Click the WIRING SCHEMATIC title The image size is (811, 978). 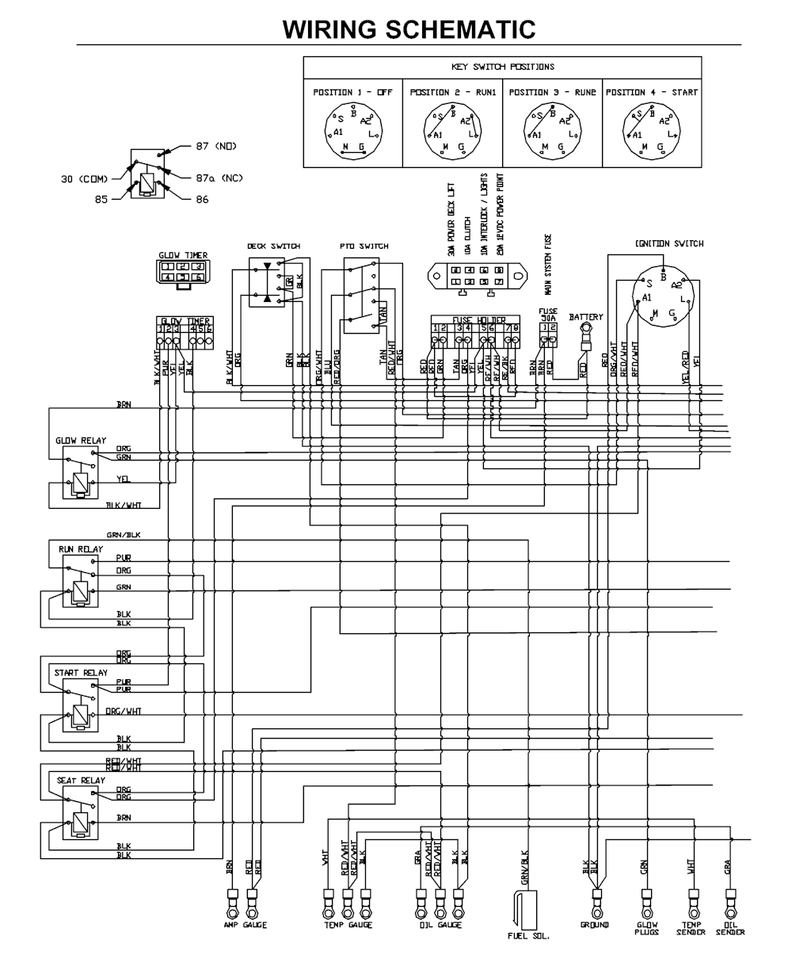[409, 29]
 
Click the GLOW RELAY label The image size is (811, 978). [81, 441]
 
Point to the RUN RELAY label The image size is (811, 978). [81, 549]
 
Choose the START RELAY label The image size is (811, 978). [81, 673]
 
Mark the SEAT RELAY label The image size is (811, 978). [81, 781]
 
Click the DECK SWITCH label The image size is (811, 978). [273, 246]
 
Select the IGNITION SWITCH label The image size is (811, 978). [669, 244]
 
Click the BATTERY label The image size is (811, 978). [586, 317]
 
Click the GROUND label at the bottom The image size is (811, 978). [594, 925]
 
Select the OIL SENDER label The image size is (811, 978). [730, 928]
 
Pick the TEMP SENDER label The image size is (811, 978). [691, 928]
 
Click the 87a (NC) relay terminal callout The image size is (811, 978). [219, 178]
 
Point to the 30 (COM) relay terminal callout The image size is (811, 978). [84, 179]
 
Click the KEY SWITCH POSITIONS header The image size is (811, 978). [503, 67]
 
